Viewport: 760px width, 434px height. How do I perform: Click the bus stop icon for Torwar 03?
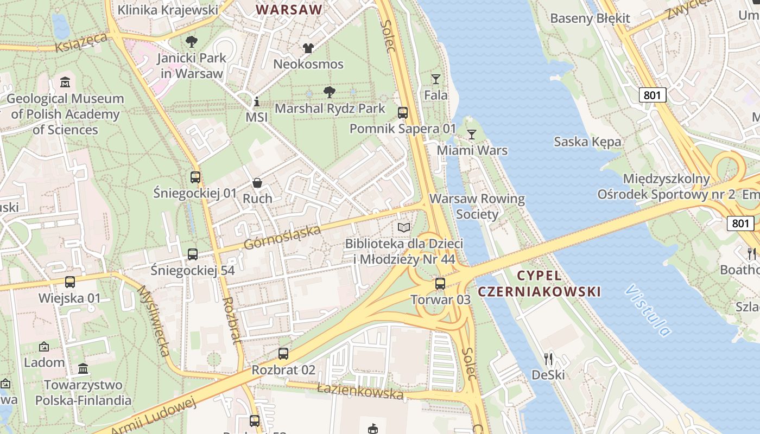pyautogui.click(x=440, y=284)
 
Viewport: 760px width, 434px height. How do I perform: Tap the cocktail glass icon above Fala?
pyautogui.click(x=435, y=79)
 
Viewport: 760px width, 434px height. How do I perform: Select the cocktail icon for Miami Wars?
pyautogui.click(x=472, y=135)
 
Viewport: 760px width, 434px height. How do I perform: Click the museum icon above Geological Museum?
pyautogui.click(x=65, y=83)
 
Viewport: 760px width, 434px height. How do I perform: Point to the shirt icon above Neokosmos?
pyautogui.click(x=308, y=48)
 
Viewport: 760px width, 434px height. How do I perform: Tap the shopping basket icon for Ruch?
pyautogui.click(x=257, y=183)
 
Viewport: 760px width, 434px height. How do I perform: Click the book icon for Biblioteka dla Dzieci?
pyautogui.click(x=404, y=227)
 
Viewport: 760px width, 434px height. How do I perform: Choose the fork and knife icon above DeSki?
pyautogui.click(x=548, y=359)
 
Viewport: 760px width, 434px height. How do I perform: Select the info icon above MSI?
pyautogui.click(x=257, y=102)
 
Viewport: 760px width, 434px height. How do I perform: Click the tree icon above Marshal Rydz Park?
pyautogui.click(x=329, y=92)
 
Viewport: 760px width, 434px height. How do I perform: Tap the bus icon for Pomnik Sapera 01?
pyautogui.click(x=403, y=113)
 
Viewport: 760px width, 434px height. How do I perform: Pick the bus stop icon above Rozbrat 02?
pyautogui.click(x=283, y=354)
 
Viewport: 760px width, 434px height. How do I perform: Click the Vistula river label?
pyautogui.click(x=648, y=310)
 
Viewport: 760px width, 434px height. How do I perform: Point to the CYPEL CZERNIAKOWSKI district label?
pyautogui.click(x=539, y=283)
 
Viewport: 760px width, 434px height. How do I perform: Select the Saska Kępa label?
pyautogui.click(x=587, y=142)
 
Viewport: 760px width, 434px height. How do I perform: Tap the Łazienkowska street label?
pyautogui.click(x=360, y=391)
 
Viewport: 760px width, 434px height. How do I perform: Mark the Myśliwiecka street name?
pyautogui.click(x=154, y=321)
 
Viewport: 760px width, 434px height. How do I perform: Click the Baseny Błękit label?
pyautogui.click(x=590, y=18)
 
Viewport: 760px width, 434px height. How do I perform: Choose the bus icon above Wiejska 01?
pyautogui.click(x=70, y=282)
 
